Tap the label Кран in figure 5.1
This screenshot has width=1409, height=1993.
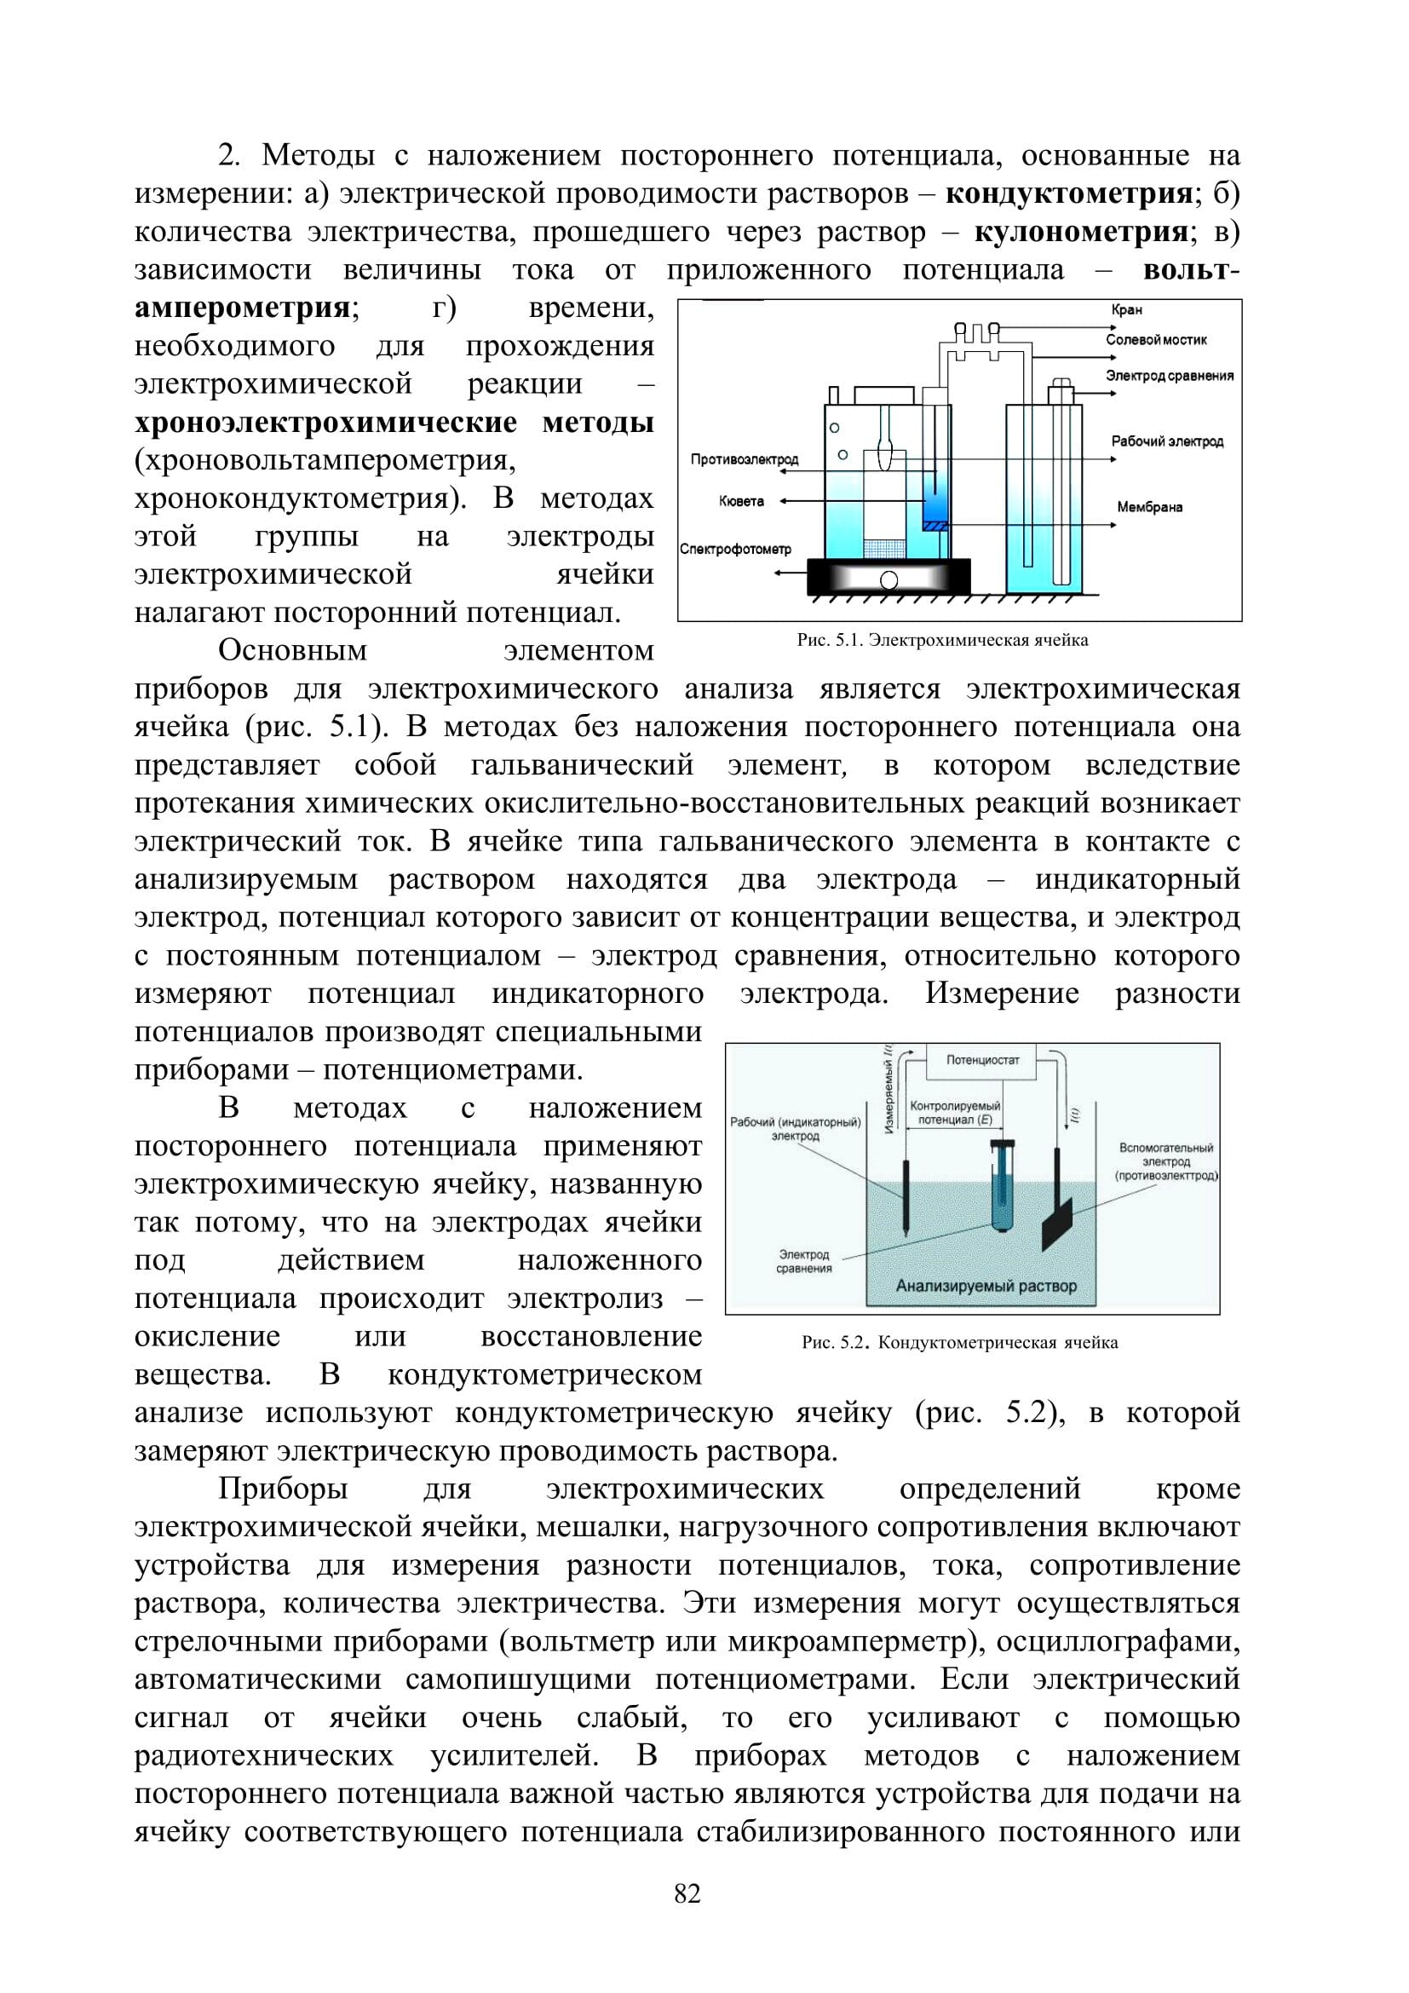[x=1126, y=310]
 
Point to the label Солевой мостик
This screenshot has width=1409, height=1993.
[x=1156, y=339]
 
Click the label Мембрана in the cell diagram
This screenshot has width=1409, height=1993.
[x=1149, y=507]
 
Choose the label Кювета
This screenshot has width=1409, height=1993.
[x=742, y=501]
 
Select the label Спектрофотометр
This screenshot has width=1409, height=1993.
[x=736, y=550]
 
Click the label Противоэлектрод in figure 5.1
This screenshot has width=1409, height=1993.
[x=745, y=459]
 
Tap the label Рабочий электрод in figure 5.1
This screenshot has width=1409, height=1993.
[x=1167, y=442]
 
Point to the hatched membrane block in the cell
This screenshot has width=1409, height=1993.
[x=935, y=524]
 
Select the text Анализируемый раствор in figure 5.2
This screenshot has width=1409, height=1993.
[x=986, y=1286]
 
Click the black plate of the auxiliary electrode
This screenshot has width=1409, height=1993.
[x=1056, y=1223]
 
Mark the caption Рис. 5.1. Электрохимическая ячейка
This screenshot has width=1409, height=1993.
[x=942, y=641]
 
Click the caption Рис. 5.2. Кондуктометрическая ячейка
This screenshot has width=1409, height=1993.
[x=959, y=1343]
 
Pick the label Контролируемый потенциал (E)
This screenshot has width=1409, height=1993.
[x=954, y=1114]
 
